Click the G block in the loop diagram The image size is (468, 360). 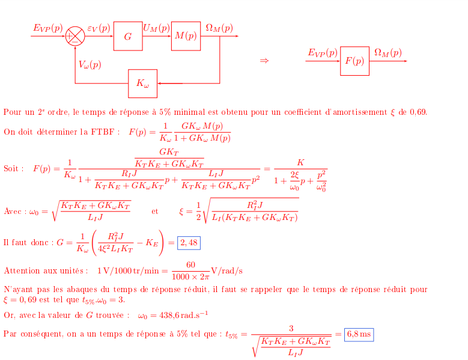[x=128, y=36]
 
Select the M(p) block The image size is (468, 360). [x=186, y=36]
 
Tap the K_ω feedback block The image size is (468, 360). [x=142, y=84]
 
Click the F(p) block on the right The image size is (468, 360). [x=354, y=61]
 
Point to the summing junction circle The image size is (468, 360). [x=75, y=37]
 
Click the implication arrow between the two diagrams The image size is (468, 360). [x=264, y=61]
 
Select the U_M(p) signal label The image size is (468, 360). [x=156, y=27]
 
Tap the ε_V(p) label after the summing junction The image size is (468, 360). [x=99, y=28]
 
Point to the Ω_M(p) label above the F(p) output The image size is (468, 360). [x=387, y=52]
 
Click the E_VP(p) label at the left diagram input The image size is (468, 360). [x=48, y=28]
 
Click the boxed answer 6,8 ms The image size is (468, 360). [x=359, y=334]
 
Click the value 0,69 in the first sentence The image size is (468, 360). [x=418, y=112]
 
